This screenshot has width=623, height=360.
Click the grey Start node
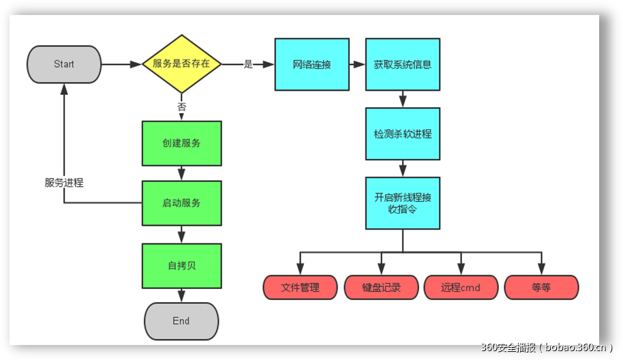[x=64, y=64]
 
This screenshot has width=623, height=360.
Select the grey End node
[x=181, y=321]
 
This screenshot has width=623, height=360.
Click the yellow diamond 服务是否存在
[x=181, y=64]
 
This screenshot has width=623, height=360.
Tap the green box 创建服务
[x=181, y=143]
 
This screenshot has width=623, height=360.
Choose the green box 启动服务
[x=181, y=203]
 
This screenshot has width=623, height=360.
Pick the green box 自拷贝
[x=181, y=265]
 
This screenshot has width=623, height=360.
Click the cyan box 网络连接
[x=311, y=65]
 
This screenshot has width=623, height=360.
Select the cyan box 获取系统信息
[x=402, y=65]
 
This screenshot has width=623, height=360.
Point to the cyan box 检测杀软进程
[x=402, y=134]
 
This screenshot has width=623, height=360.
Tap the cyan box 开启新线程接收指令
[x=402, y=203]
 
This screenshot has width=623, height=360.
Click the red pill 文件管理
[x=300, y=288]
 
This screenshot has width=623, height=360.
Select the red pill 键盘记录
[x=381, y=288]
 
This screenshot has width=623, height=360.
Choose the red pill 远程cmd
[x=461, y=288]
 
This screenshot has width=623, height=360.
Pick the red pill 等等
[x=541, y=288]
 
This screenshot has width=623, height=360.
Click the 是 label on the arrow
[x=248, y=64]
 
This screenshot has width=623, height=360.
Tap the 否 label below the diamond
[x=181, y=107]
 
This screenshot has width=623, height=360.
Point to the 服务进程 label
[x=64, y=183]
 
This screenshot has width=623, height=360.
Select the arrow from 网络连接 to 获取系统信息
[x=356, y=65]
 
